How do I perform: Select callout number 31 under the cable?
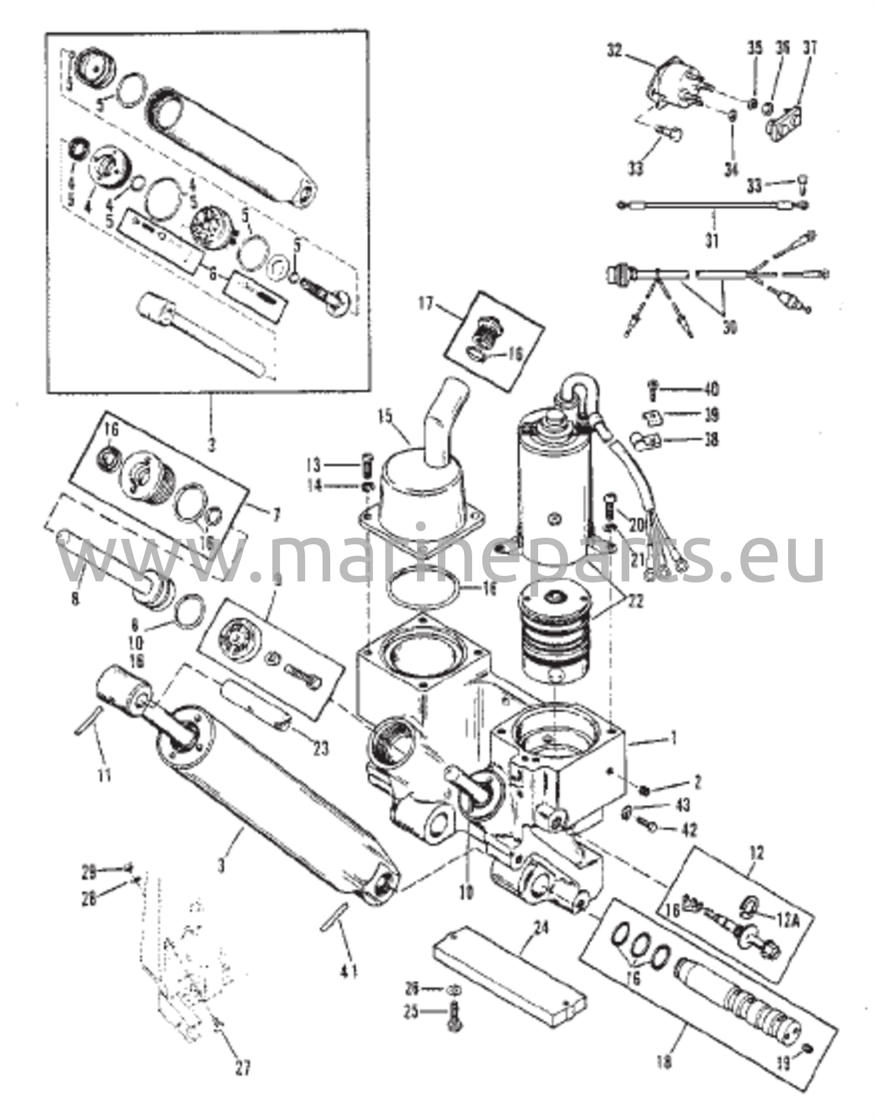pyautogui.click(x=712, y=240)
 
